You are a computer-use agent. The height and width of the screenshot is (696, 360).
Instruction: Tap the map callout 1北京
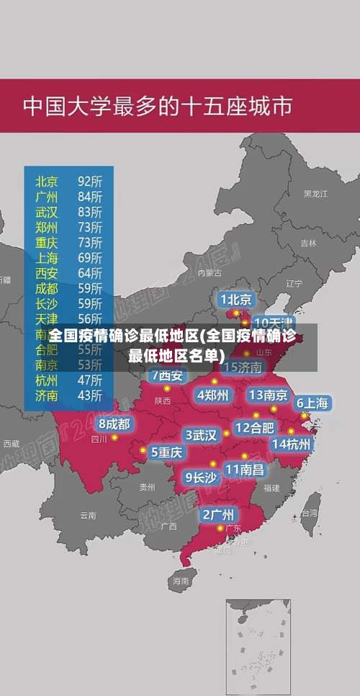click(x=236, y=299)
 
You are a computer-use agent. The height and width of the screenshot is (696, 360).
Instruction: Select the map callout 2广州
click(x=217, y=514)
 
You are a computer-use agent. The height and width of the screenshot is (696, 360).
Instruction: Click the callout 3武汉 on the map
click(x=201, y=435)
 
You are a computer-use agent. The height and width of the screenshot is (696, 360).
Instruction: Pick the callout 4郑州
click(x=212, y=395)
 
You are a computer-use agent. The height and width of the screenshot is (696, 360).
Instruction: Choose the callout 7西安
click(x=168, y=375)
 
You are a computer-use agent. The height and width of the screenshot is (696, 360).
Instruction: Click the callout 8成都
click(x=114, y=424)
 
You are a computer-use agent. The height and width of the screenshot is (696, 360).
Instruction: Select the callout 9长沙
click(x=201, y=477)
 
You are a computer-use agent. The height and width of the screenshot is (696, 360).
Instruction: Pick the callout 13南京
click(x=269, y=395)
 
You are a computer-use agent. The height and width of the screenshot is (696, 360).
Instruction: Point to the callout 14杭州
click(x=292, y=444)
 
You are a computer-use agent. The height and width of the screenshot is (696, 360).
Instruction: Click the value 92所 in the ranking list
click(x=90, y=181)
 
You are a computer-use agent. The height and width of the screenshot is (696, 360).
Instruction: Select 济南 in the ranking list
click(x=47, y=395)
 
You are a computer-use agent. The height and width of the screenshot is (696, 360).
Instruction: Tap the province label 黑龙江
click(x=315, y=194)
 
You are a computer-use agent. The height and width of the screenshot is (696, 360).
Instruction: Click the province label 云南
click(x=88, y=515)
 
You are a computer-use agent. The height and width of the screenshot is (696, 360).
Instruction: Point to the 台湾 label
click(x=309, y=514)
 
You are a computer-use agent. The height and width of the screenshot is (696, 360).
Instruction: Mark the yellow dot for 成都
click(x=114, y=437)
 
